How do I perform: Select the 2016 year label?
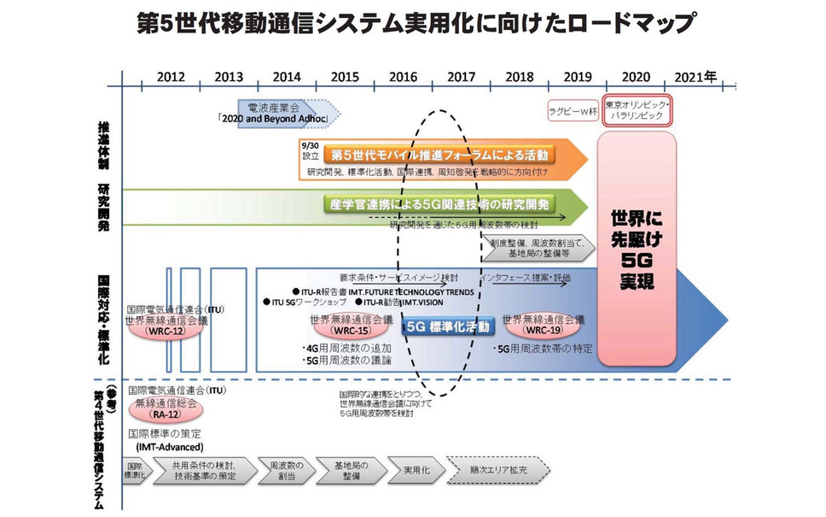pyautogui.click(x=403, y=76)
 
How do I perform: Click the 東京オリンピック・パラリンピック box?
pyautogui.click(x=637, y=109)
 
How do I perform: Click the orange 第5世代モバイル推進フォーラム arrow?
pyautogui.click(x=439, y=156)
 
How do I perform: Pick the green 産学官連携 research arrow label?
pyautogui.click(x=439, y=204)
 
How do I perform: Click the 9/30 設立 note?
pyautogui.click(x=310, y=151)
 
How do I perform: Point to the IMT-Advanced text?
pyautogui.click(x=168, y=446)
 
